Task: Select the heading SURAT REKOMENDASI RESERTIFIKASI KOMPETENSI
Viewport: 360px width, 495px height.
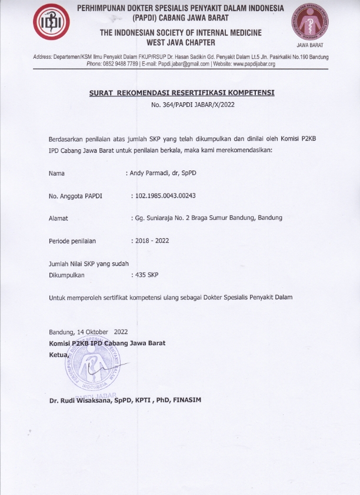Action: tap(181, 93)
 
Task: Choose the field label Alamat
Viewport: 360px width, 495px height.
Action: tap(58, 218)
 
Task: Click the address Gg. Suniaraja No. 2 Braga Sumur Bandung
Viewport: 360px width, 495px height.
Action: tap(206, 218)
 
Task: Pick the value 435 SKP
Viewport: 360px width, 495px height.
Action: tap(145, 275)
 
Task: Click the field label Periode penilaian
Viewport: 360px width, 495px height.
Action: tap(72, 241)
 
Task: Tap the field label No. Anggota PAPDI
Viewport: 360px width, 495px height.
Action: tap(75, 196)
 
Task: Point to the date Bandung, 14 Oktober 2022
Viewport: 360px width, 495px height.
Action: tap(88, 332)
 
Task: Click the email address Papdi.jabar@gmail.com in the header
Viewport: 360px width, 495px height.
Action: tap(173, 63)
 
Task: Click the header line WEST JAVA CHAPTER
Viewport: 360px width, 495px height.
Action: tap(181, 42)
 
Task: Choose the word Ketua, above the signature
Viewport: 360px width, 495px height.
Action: tap(59, 355)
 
